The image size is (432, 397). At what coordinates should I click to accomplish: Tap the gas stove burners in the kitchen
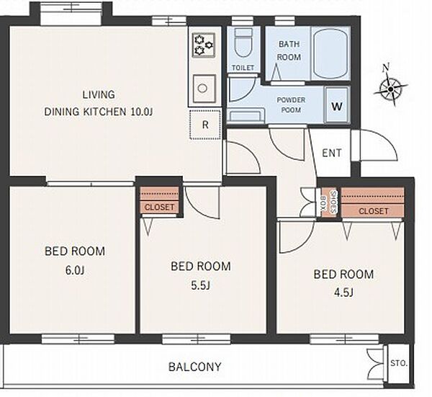[x=204, y=45]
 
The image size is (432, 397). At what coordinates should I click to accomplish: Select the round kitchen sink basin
[x=203, y=88]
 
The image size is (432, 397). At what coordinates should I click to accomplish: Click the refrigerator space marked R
[x=205, y=125]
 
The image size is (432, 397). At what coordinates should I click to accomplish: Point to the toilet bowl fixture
[x=243, y=43]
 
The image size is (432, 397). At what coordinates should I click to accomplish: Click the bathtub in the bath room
[x=330, y=54]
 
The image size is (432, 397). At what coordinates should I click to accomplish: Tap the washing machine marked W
[x=337, y=106]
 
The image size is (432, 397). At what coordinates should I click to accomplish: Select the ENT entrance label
[x=332, y=153]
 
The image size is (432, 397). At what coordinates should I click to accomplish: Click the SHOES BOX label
[x=329, y=202]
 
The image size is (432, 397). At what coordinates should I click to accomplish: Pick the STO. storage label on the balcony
[x=399, y=363]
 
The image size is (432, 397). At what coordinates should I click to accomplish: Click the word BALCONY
[x=195, y=367]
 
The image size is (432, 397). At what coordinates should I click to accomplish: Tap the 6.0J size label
[x=75, y=270]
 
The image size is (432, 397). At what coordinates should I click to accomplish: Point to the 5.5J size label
[x=201, y=285]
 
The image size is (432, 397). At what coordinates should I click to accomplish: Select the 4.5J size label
[x=343, y=293]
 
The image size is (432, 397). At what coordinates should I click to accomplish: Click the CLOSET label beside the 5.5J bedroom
[x=160, y=207]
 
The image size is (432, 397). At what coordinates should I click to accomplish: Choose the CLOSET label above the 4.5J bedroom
[x=374, y=211]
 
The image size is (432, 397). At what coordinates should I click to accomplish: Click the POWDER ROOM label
[x=291, y=104]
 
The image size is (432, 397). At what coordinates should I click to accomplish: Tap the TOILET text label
[x=243, y=68]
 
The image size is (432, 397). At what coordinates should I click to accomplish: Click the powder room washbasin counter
[x=246, y=115]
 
